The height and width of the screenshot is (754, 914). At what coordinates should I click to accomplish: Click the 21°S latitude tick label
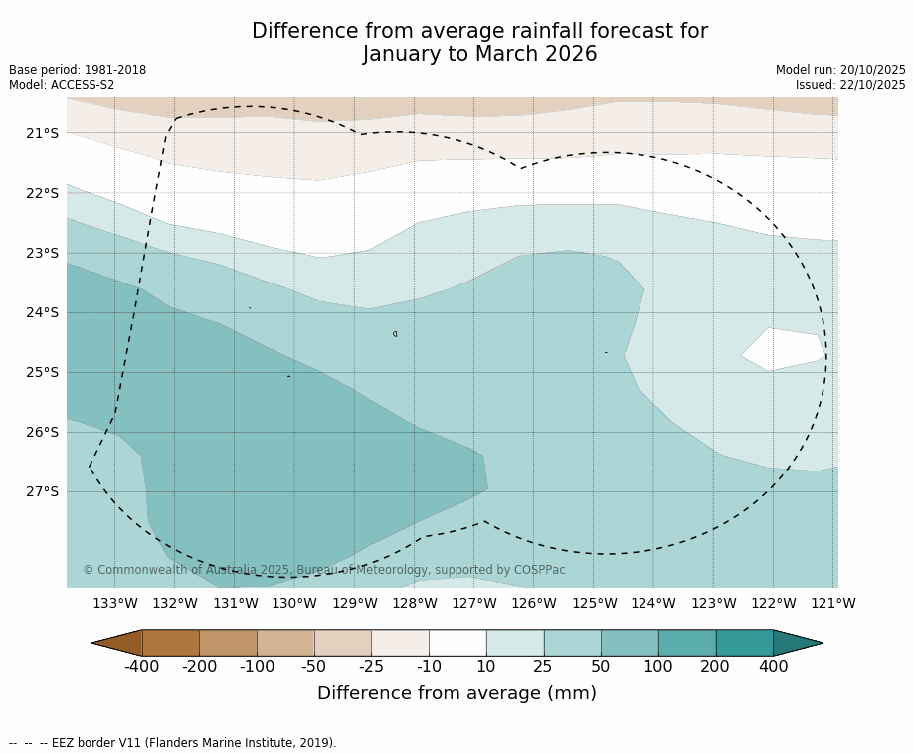coord(42,133)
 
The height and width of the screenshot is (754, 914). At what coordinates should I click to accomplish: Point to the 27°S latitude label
coord(42,491)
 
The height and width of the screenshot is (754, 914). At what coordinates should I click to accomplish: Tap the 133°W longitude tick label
coord(115,603)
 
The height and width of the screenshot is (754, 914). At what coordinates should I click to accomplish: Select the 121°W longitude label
coord(832,603)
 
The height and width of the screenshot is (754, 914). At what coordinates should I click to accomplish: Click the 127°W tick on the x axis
coord(473,603)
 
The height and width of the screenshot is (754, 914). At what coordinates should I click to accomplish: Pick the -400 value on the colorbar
coord(142,666)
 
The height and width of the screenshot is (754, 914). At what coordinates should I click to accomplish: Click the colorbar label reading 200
coord(715,666)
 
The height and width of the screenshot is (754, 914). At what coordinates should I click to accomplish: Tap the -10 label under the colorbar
coord(429,666)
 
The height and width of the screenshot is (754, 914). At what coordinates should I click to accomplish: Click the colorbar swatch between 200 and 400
coord(744,643)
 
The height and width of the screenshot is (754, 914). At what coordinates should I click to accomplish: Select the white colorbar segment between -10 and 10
coord(457,643)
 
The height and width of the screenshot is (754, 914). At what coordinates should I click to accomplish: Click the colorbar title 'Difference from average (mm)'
coord(457,693)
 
